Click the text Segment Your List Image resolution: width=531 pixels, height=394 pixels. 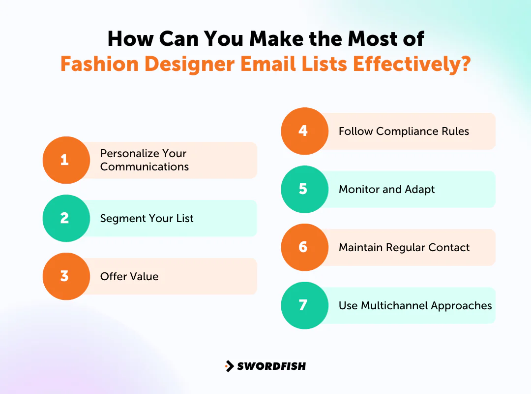147,218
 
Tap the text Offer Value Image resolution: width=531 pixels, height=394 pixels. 129,276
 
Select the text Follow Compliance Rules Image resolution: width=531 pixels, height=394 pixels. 404,131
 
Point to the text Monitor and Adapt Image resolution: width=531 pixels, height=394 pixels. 386,189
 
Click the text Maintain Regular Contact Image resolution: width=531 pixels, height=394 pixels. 404,247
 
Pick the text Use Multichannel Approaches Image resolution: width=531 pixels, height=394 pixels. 415,305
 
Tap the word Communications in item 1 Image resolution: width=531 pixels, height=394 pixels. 145,166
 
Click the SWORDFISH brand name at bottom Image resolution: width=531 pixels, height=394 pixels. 271,366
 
